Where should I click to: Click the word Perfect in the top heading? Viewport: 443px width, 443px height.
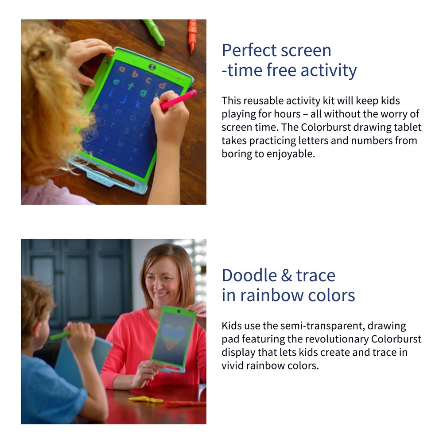[245, 51]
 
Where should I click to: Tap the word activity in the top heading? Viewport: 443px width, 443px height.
[329, 70]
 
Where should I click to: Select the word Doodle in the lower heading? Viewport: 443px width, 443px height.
[249, 275]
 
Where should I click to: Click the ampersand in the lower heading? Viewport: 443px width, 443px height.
[286, 276]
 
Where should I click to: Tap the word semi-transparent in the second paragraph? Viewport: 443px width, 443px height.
[322, 326]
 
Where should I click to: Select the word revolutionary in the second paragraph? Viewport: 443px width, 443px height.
[337, 339]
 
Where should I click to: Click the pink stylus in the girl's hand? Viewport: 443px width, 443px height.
[178, 100]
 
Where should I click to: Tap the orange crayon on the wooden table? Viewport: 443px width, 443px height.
[192, 35]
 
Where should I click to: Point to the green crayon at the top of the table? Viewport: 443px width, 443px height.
[154, 32]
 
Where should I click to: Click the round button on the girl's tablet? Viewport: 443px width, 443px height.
[152, 67]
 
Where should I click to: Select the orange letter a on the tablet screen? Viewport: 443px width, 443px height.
[122, 69]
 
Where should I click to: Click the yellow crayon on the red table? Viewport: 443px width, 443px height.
[146, 400]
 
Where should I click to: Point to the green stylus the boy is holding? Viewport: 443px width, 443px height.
[60, 336]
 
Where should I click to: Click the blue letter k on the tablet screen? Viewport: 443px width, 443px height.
[138, 104]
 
